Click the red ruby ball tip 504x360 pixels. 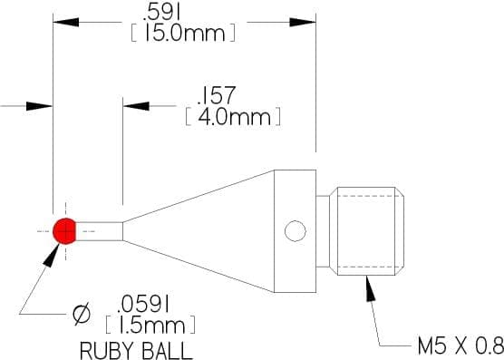64,231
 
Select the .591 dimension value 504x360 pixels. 161,14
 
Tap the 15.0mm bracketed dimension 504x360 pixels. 183,33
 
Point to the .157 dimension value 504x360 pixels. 217,95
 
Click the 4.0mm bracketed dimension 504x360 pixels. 233,116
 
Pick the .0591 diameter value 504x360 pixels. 144,305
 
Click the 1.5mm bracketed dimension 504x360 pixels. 150,325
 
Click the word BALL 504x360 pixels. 167,350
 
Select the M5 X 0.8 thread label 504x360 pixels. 460,345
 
